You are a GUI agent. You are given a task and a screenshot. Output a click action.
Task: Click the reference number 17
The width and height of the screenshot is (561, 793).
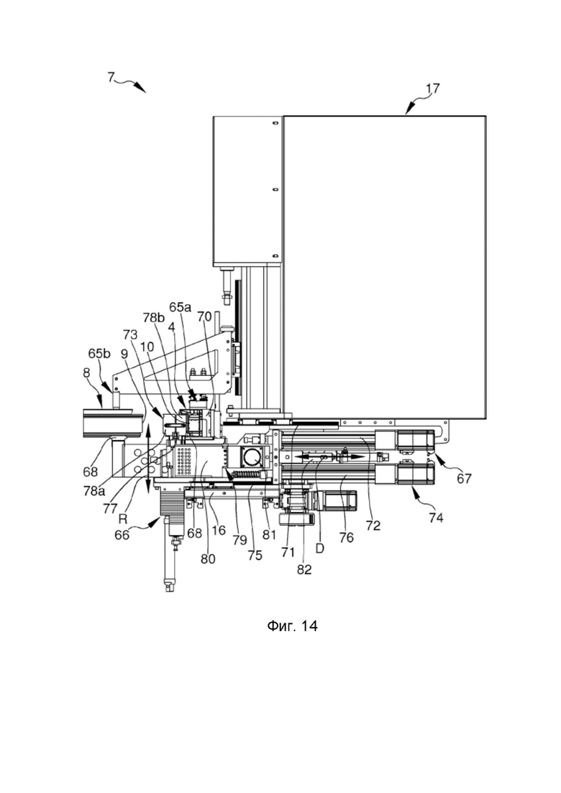(432, 89)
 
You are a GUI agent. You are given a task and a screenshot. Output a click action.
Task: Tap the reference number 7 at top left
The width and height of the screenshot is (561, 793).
(111, 77)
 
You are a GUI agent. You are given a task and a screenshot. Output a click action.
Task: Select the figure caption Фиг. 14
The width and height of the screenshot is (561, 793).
(293, 626)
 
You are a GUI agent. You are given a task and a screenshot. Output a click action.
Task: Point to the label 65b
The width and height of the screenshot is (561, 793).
(100, 353)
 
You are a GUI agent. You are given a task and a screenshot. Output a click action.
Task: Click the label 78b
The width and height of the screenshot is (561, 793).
(154, 317)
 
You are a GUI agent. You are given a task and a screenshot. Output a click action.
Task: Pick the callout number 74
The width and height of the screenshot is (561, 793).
(436, 518)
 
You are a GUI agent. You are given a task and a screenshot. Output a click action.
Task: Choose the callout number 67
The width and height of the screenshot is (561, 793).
(464, 478)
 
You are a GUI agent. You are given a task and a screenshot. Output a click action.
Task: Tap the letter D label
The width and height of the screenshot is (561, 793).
(320, 548)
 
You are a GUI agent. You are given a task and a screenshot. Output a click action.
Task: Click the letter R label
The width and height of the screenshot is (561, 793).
(122, 518)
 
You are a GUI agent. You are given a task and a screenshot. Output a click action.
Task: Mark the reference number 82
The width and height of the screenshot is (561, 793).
(304, 569)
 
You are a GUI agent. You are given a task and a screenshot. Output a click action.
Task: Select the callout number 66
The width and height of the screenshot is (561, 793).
(122, 534)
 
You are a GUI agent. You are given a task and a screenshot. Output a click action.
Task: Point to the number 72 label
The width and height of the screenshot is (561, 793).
(373, 526)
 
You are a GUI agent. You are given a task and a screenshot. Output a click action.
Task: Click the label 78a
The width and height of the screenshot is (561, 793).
(94, 490)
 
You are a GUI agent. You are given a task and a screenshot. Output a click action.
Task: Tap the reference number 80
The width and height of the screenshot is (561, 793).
(208, 559)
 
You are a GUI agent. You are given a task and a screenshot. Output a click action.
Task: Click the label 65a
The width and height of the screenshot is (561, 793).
(181, 306)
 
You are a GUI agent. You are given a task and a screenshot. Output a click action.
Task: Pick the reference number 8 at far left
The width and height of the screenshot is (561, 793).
(86, 373)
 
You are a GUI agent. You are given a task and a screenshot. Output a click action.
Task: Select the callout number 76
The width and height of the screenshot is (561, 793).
(346, 537)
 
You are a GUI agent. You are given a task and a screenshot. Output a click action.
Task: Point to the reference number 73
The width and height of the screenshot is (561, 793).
(130, 334)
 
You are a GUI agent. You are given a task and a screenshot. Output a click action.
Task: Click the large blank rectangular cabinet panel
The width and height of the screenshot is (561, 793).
(385, 267)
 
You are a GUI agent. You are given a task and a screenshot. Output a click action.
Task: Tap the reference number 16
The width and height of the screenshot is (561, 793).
(218, 530)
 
